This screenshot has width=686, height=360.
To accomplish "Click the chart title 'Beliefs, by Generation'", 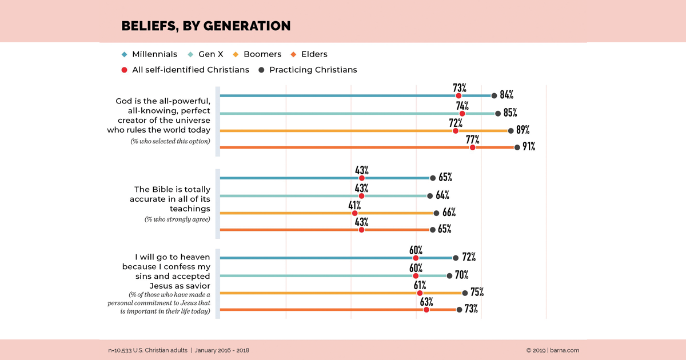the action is [206, 26].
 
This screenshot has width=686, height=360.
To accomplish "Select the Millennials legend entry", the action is [149, 54].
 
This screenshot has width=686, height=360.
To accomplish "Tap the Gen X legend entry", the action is [205, 54].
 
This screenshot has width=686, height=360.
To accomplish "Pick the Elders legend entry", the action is [309, 54].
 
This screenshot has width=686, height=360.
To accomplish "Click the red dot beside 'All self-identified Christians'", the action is [124, 70].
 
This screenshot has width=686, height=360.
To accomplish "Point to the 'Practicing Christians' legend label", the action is [313, 70].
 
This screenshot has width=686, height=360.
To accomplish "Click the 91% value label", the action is [529, 146].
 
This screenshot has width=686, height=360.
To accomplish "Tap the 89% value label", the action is [523, 130].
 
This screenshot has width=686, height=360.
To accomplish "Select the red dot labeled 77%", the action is [473, 147].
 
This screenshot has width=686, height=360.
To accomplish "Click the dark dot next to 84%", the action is [494, 96].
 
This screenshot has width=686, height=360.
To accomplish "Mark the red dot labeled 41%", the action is [354, 213].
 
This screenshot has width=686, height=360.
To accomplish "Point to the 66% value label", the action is [449, 212].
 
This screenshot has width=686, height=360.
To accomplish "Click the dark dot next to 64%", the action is [430, 196].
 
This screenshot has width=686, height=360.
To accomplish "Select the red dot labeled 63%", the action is [426, 310].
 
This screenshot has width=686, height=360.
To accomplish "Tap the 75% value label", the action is [477, 292].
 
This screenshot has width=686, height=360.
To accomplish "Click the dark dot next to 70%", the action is [449, 276].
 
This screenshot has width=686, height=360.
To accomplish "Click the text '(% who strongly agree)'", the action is [177, 219].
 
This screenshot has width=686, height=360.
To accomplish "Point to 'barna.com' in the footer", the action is [564, 350].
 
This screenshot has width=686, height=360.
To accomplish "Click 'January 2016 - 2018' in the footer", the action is [222, 350].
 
